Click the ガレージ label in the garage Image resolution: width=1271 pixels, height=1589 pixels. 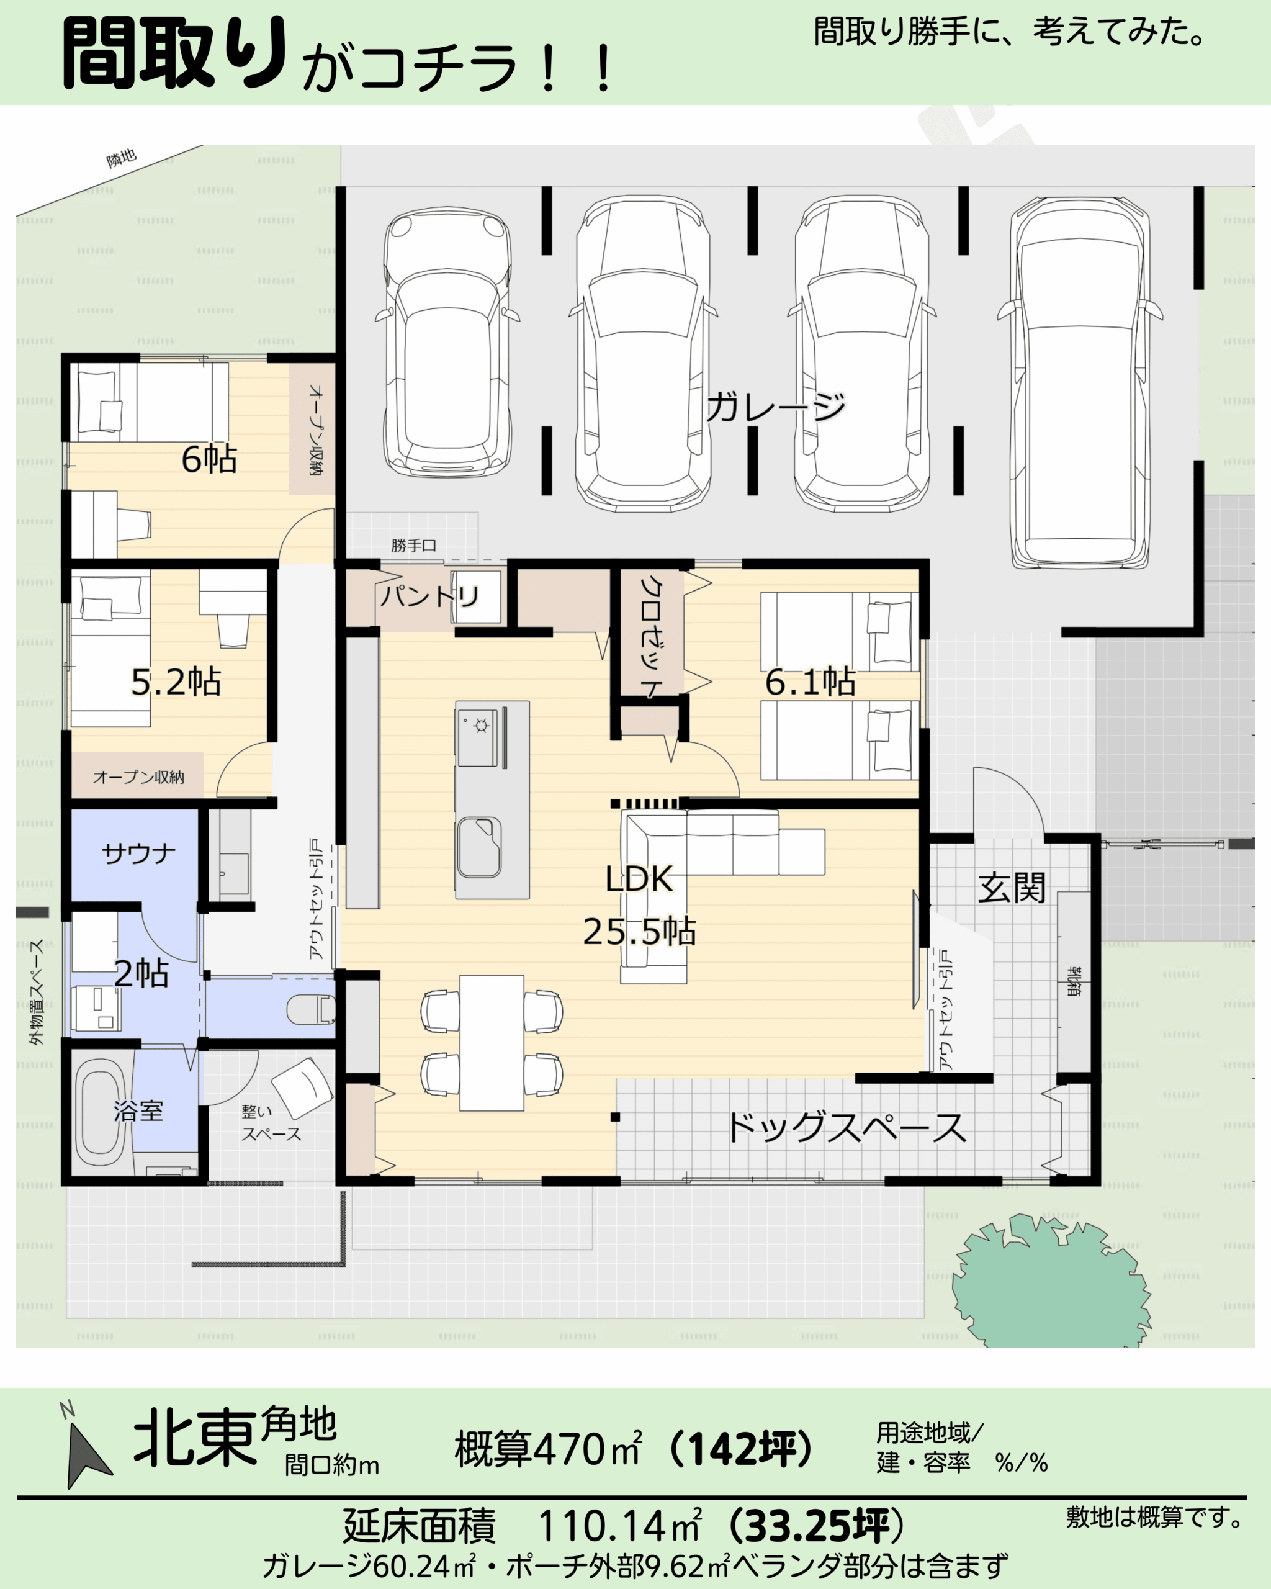pyautogui.click(x=776, y=407)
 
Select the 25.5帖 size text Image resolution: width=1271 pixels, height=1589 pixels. pyautogui.click(x=639, y=932)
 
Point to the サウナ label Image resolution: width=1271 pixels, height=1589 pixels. pyautogui.click(x=138, y=853)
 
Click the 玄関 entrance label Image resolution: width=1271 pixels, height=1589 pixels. pyautogui.click(x=1011, y=888)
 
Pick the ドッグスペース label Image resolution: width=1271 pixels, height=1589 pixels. pyautogui.click(x=846, y=1128)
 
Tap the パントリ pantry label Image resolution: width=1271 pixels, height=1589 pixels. pyautogui.click(x=429, y=595)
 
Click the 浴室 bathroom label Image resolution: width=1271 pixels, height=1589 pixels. pyautogui.click(x=138, y=1110)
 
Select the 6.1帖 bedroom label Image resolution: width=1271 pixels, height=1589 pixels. pyautogui.click(x=810, y=682)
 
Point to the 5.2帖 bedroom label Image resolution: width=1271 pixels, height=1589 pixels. pyautogui.click(x=176, y=682)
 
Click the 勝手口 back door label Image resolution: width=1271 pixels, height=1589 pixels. pyautogui.click(x=413, y=546)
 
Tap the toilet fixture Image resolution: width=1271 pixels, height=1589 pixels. pyautogui.click(x=311, y=1010)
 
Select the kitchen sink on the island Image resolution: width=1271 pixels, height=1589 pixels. pyautogui.click(x=479, y=847)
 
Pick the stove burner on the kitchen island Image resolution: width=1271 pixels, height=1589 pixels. pyautogui.click(x=482, y=727)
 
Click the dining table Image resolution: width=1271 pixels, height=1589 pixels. pyautogui.click(x=492, y=1043)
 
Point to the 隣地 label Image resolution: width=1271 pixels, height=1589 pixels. pyautogui.click(x=122, y=158)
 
